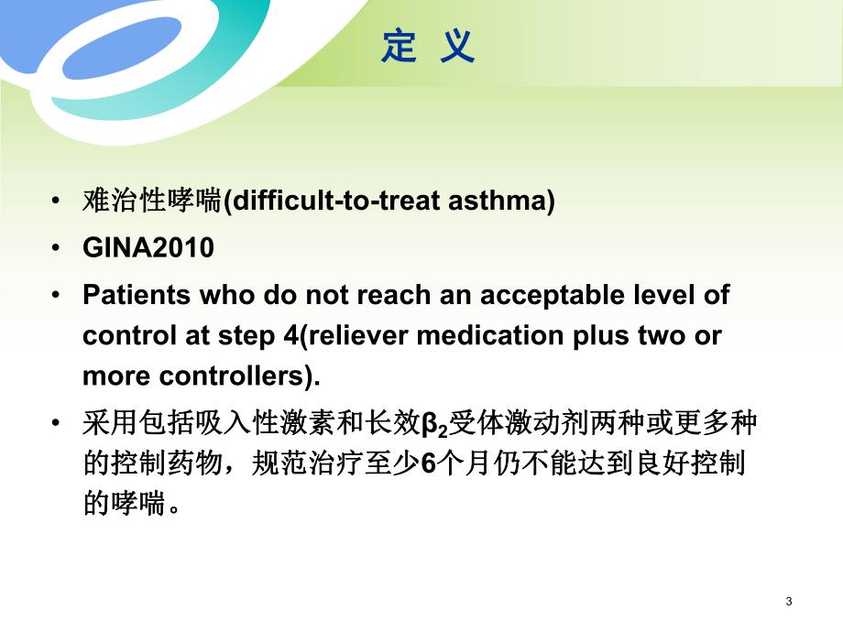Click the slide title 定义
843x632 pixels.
(428, 47)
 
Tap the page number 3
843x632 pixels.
(789, 601)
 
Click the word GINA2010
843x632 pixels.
(148, 248)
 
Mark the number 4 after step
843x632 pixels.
(291, 335)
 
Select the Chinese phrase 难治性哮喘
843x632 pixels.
(153, 202)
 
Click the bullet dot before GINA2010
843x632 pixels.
(59, 248)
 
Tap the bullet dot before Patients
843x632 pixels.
(59, 296)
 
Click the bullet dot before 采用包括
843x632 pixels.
(59, 424)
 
